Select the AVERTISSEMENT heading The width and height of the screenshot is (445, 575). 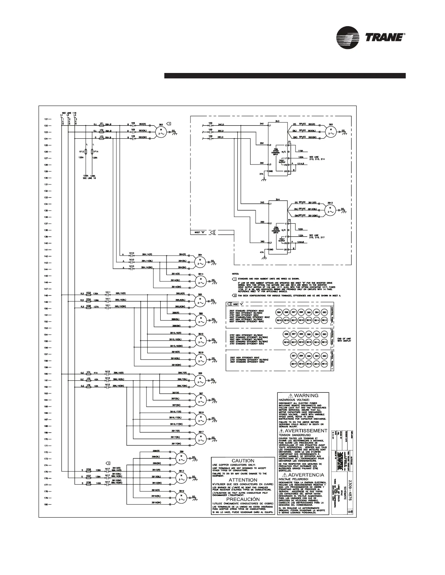(303, 431)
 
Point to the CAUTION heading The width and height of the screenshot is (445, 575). (242, 461)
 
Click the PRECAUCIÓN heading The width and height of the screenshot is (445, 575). (242, 499)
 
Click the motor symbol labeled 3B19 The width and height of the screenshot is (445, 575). (180, 497)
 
